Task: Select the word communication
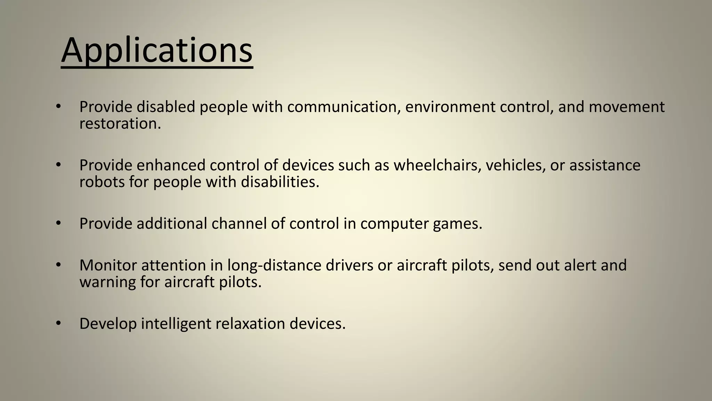[342, 107]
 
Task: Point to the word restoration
[120, 124]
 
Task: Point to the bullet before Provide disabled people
[58, 107]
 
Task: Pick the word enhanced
[171, 165]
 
